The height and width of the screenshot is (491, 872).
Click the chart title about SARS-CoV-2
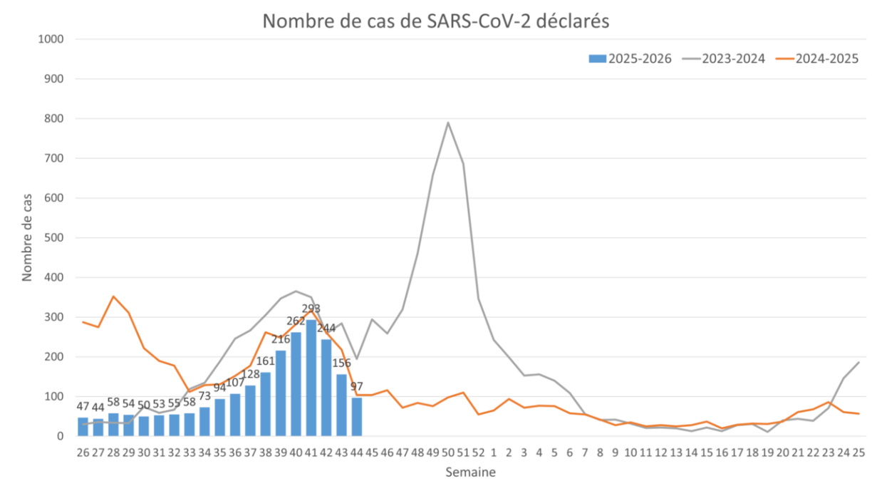click(x=436, y=21)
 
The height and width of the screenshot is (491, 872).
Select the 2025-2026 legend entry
click(x=630, y=58)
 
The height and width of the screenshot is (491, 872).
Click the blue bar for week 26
click(x=83, y=426)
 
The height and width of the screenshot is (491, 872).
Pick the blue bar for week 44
click(x=356, y=416)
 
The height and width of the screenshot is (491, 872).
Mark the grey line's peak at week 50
click(x=448, y=122)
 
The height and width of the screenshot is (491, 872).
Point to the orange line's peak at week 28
click(x=113, y=296)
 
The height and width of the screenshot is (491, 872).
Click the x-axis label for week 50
click(x=448, y=452)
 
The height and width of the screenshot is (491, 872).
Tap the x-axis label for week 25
click(x=858, y=452)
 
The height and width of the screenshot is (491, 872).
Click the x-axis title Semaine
click(x=471, y=472)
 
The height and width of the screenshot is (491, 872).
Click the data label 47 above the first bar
click(x=83, y=406)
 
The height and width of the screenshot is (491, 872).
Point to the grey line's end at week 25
click(x=858, y=363)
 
